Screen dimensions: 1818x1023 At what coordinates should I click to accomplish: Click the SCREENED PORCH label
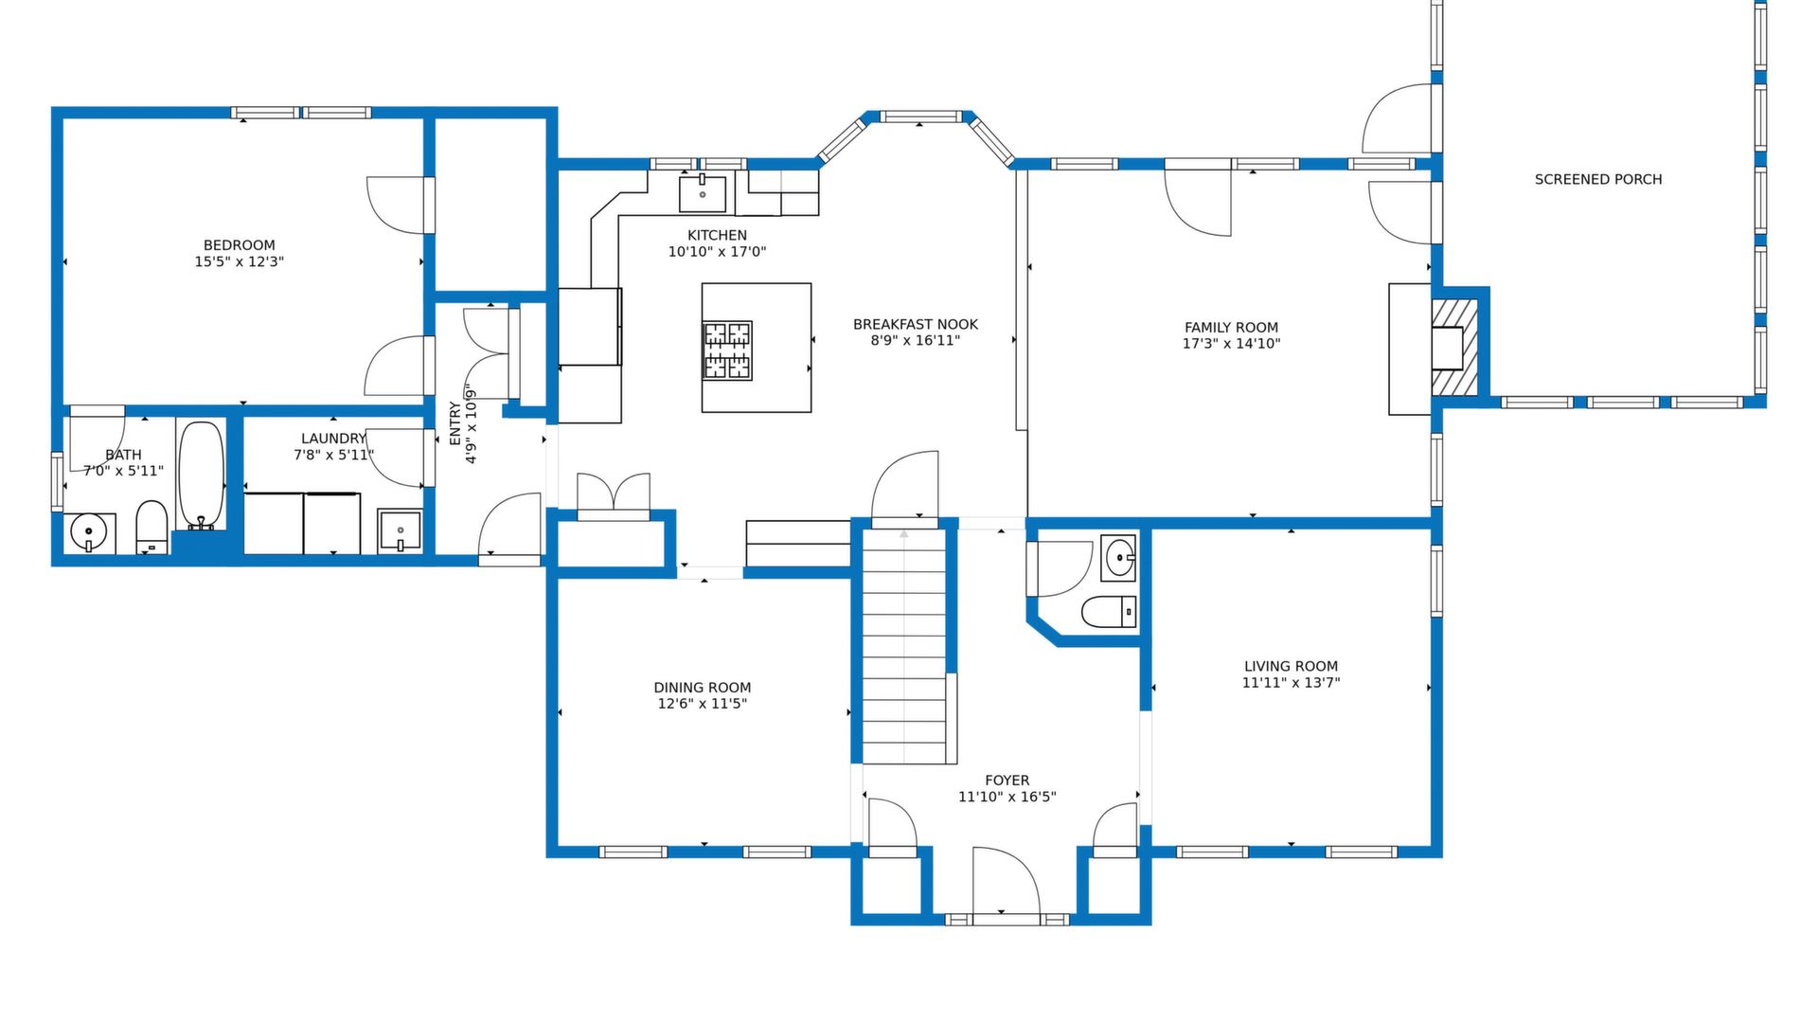tap(1598, 179)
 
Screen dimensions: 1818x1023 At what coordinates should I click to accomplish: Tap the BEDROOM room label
tap(240, 245)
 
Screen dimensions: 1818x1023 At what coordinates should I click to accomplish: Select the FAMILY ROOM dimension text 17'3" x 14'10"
tap(1231, 344)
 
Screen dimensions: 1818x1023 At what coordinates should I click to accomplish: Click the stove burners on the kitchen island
tap(727, 350)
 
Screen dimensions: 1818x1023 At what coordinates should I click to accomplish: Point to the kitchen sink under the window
tap(703, 193)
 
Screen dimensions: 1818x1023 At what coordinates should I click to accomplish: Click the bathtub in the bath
tap(202, 476)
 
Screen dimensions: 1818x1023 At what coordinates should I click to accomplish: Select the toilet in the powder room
tap(1109, 612)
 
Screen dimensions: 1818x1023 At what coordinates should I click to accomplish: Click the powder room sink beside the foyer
tap(1118, 557)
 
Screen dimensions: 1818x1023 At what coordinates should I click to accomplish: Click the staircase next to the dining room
tap(904, 646)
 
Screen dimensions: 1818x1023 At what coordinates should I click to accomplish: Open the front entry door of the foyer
tap(1007, 882)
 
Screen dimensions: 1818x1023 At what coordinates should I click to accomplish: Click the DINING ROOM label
tap(703, 688)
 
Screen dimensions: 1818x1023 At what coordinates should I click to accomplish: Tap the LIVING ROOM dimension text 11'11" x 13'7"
tap(1291, 683)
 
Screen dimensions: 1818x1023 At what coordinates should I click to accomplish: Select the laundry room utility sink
tap(401, 530)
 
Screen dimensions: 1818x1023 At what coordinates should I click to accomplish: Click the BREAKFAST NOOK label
tap(916, 324)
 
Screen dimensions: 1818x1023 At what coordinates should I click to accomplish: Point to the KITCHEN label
tap(717, 235)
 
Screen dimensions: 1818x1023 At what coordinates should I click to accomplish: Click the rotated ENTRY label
tap(454, 423)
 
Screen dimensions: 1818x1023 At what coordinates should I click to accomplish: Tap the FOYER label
tap(1007, 781)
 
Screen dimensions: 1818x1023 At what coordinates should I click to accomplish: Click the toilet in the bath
tap(151, 528)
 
